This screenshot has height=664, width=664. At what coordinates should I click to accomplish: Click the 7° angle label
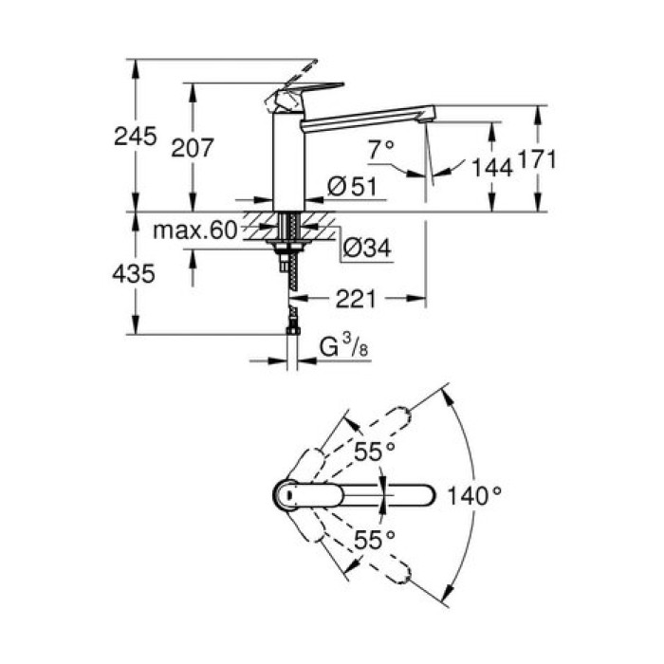[x=380, y=148]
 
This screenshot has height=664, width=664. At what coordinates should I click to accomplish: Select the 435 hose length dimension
[x=135, y=274]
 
